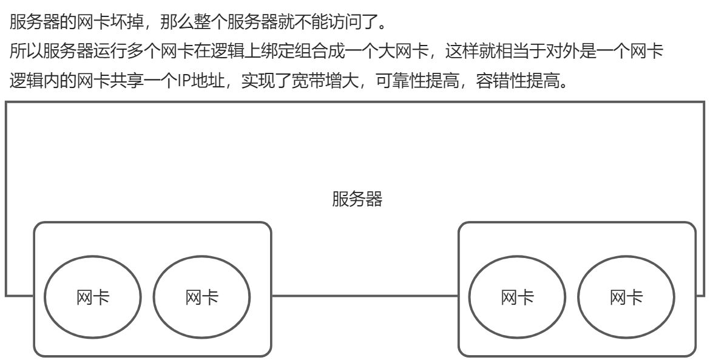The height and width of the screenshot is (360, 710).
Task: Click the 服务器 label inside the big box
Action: [x=357, y=199]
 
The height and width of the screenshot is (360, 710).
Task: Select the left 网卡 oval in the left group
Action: [x=93, y=297]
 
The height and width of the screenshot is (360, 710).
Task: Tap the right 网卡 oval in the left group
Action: [x=201, y=297]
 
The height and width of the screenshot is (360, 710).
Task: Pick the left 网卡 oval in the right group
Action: [x=518, y=297]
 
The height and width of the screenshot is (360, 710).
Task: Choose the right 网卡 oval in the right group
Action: [x=626, y=297]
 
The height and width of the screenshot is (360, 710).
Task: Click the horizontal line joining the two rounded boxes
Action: [x=364, y=296]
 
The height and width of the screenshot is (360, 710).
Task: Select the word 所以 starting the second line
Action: [x=24, y=52]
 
